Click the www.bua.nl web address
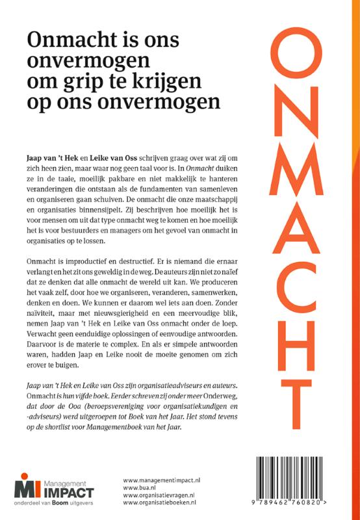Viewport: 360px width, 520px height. click(x=138, y=488)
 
